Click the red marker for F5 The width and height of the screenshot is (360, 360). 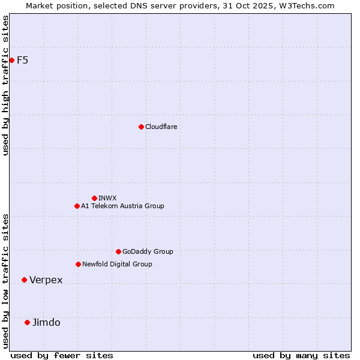click(11, 60)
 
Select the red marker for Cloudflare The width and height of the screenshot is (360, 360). click(141, 127)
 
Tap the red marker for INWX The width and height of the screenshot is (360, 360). click(94, 198)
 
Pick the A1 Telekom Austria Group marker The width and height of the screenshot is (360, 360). click(77, 206)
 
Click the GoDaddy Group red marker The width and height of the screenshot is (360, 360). click(118, 251)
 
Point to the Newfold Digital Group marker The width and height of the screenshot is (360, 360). click(78, 264)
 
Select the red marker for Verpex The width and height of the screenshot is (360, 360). click(24, 280)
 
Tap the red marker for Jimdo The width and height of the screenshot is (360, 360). click(27, 322)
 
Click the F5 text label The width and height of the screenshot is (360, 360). click(23, 60)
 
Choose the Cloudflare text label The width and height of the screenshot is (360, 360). click(161, 127)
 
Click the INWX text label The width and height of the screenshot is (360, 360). click(107, 198)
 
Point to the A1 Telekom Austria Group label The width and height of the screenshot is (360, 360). click(122, 206)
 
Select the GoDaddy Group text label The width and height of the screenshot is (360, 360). click(148, 251)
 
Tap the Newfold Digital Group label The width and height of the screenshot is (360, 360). click(117, 264)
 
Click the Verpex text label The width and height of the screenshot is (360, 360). click(46, 280)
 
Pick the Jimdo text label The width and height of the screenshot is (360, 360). click(46, 323)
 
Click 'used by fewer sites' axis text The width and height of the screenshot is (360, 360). click(62, 355)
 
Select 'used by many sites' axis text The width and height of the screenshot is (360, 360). click(301, 355)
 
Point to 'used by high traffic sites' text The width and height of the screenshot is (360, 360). click(5, 85)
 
